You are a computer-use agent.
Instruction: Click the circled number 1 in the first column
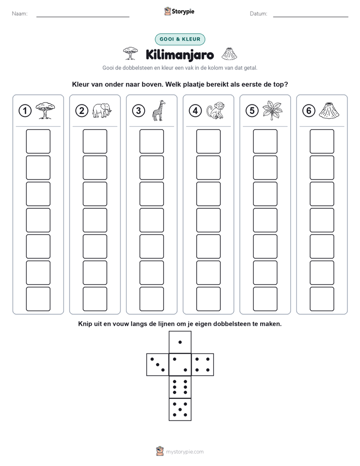pos(25,111)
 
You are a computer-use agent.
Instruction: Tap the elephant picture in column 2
pos(102,110)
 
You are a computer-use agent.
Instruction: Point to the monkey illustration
pos(216,110)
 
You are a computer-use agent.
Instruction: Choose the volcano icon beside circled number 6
pos(329,110)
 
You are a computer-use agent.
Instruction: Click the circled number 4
pos(195,111)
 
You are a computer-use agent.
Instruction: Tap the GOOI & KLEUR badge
pos(180,39)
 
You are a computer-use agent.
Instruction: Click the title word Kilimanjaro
pos(179,55)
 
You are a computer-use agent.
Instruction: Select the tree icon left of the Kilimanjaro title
pos(131,53)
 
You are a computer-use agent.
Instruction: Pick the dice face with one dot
pos(180,342)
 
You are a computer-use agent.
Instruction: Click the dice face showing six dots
pos(180,387)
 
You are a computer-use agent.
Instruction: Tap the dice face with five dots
pos(180,409)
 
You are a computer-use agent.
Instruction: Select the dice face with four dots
pos(202,365)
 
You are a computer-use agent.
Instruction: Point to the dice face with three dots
pos(158,365)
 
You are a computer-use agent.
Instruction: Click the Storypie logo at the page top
pos(179,11)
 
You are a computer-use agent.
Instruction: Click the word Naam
pos(20,14)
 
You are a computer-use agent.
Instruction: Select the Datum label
pos(259,14)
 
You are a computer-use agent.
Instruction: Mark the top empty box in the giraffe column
pos(152,141)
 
